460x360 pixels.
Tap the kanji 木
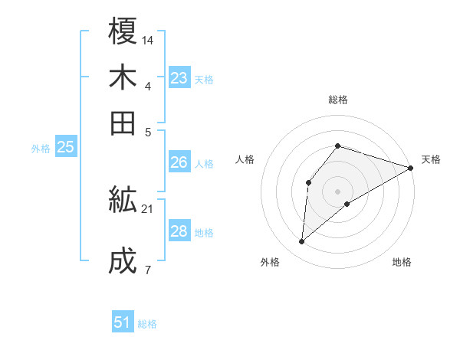123,77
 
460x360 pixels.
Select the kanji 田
123,123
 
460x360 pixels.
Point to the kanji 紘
123,201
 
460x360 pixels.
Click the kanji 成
123,261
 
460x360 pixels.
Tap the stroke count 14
148,39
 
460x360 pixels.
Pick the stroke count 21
148,208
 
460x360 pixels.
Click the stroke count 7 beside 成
147,269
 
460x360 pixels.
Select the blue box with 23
179,78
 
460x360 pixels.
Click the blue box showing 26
179,162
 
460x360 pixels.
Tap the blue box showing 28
179,231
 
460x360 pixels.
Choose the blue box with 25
66,148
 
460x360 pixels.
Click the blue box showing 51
123,322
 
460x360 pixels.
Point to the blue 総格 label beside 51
147,324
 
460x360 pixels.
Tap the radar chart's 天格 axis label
431,159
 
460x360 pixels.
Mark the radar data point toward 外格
302,242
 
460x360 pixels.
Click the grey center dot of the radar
337,190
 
